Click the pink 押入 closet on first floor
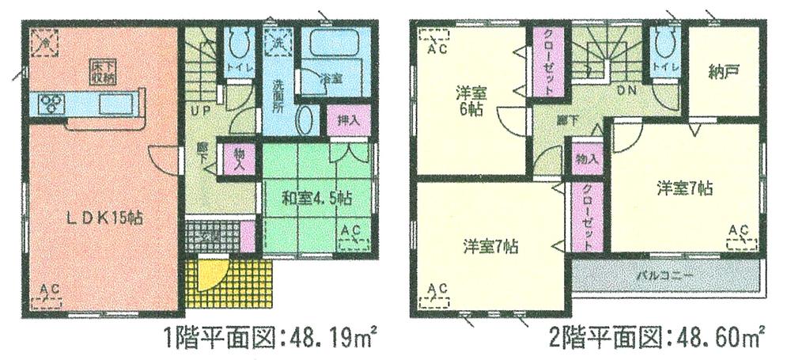348,121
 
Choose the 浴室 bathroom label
331,79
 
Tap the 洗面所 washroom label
278,94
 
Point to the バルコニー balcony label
665,277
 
